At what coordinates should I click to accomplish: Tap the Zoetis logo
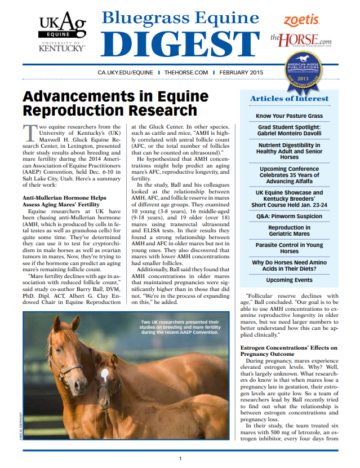[x=301, y=20]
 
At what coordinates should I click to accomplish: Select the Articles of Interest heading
[x=289, y=99]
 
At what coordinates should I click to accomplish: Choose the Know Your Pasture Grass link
[x=289, y=116]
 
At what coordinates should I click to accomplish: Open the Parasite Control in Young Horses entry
[x=289, y=249]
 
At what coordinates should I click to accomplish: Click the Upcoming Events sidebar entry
[x=289, y=280]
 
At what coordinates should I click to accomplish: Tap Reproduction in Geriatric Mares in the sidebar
[x=289, y=231]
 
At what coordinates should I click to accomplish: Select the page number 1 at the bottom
[x=180, y=458]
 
